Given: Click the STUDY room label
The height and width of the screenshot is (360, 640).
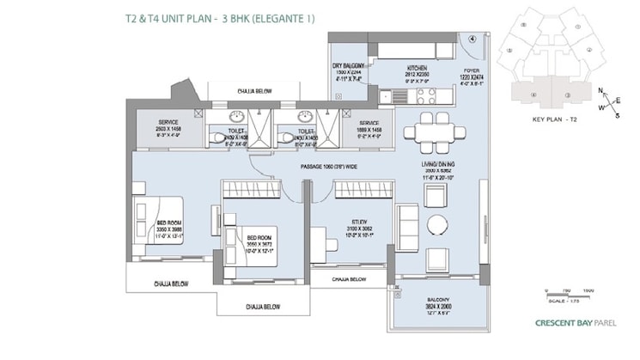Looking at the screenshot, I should (x=347, y=222).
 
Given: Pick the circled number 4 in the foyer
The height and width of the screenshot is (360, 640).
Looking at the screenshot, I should (x=472, y=39).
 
